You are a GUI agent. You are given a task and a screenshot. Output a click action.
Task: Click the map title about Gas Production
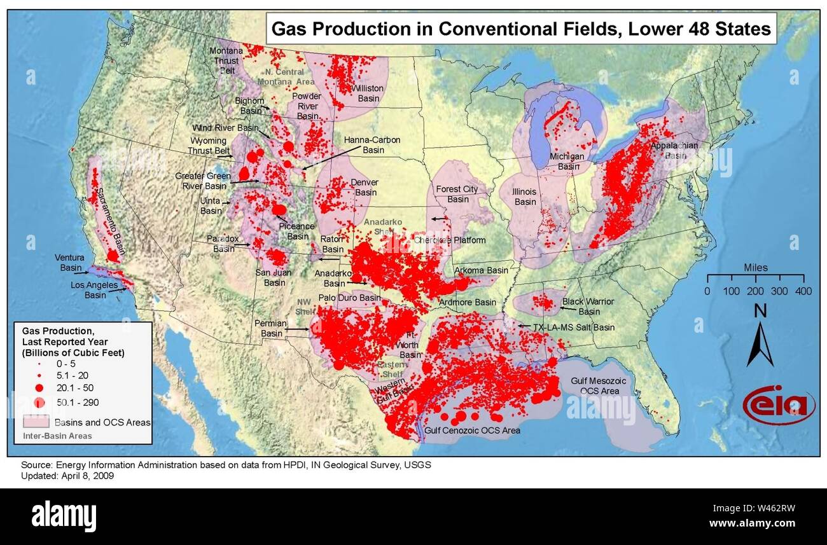521,29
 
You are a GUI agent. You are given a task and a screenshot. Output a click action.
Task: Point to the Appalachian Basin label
674,150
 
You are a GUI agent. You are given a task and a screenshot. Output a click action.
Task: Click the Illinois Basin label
525,197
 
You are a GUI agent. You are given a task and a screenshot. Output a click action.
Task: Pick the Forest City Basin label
457,194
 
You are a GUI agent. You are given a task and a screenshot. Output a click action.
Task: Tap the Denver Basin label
365,187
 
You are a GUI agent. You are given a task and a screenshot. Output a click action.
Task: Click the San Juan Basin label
274,277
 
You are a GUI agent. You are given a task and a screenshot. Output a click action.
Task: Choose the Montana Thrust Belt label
227,60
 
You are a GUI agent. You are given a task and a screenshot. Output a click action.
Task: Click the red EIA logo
778,404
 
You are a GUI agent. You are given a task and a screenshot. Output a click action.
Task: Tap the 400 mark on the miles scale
803,291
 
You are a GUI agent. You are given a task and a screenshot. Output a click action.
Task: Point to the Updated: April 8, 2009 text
67,476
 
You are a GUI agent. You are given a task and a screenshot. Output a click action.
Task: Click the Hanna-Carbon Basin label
373,144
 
